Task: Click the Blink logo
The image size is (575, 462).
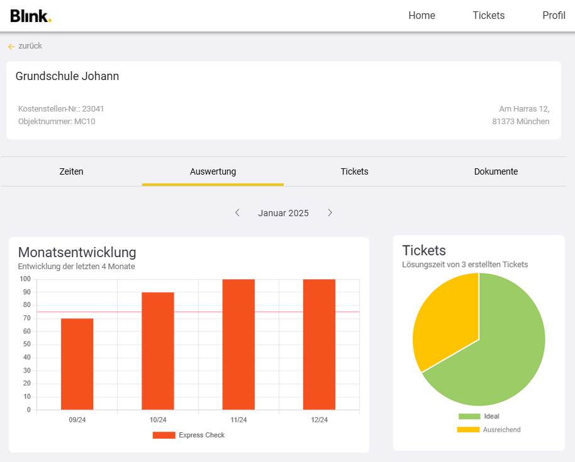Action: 30,16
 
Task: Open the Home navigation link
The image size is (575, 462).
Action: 421,16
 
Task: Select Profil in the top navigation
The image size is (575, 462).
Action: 554,16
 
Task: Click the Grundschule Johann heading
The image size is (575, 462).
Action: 67,76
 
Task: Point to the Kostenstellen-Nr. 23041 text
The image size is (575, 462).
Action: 61,109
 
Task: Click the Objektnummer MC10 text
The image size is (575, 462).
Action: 57,121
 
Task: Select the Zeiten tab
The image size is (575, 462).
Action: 71,171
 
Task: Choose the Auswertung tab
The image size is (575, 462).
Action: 213,171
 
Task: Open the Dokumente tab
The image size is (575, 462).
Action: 496,171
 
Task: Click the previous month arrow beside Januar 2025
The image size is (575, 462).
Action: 237,213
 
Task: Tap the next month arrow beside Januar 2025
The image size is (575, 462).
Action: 330,213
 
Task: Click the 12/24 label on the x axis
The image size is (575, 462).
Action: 320,420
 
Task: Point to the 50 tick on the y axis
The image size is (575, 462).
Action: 25,344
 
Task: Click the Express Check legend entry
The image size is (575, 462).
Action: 189,435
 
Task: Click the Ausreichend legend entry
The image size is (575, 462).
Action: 489,430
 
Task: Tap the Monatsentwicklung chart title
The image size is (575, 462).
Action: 77,252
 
